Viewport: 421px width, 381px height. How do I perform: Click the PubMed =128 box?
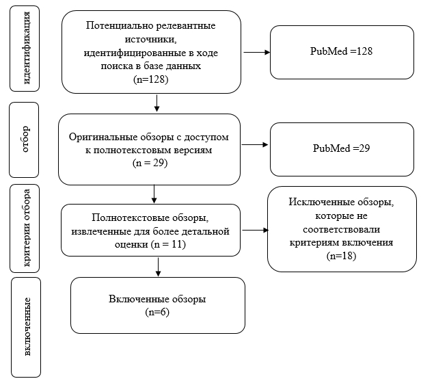tap(342, 52)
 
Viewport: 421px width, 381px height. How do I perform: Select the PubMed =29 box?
tap(342, 149)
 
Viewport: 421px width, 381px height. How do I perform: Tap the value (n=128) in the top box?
tap(150, 79)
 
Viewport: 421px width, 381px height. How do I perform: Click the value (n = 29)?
tap(150, 163)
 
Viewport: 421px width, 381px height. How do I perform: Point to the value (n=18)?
tap(341, 256)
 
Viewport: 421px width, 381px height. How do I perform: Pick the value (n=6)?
tap(157, 312)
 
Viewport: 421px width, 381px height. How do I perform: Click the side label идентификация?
tap(27, 49)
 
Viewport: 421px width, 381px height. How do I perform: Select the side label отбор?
tap(25, 139)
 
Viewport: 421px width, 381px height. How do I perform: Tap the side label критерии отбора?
tap(27, 228)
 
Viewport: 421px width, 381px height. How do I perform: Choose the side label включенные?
tap(27, 327)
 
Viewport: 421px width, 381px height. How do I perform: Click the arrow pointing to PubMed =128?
tap(256, 52)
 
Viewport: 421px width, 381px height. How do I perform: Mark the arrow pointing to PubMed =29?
tap(254, 144)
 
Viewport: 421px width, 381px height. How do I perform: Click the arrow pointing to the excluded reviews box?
tap(255, 230)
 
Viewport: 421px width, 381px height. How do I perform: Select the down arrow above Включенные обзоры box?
tap(158, 267)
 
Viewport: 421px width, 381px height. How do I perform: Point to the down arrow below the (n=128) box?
tap(157, 103)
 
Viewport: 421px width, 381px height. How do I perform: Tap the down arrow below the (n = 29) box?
tap(154, 194)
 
